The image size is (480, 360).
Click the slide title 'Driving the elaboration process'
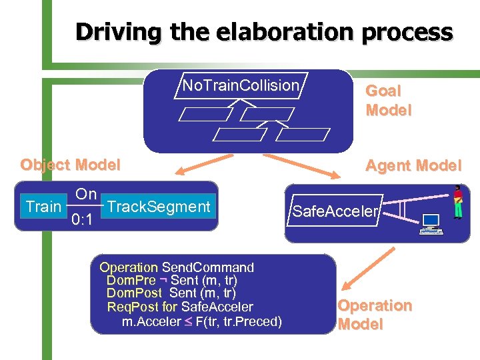click(x=264, y=32)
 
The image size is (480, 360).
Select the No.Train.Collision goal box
click(x=241, y=85)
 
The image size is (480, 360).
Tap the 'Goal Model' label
click(x=388, y=100)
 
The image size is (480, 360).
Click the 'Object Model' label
click(x=71, y=165)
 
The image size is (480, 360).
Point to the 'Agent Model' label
click(x=413, y=165)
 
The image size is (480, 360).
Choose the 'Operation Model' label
click(x=375, y=315)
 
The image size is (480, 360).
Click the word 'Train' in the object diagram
click(x=43, y=207)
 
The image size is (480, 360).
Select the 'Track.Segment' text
click(x=159, y=207)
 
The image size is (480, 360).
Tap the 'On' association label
click(x=86, y=194)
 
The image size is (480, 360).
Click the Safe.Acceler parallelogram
click(x=335, y=212)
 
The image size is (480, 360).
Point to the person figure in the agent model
click(x=457, y=202)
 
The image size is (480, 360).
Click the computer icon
click(x=430, y=224)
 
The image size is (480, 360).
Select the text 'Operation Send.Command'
click(x=177, y=267)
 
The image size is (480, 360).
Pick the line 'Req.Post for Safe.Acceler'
click(x=180, y=307)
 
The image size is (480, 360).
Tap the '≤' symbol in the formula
click(x=189, y=322)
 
